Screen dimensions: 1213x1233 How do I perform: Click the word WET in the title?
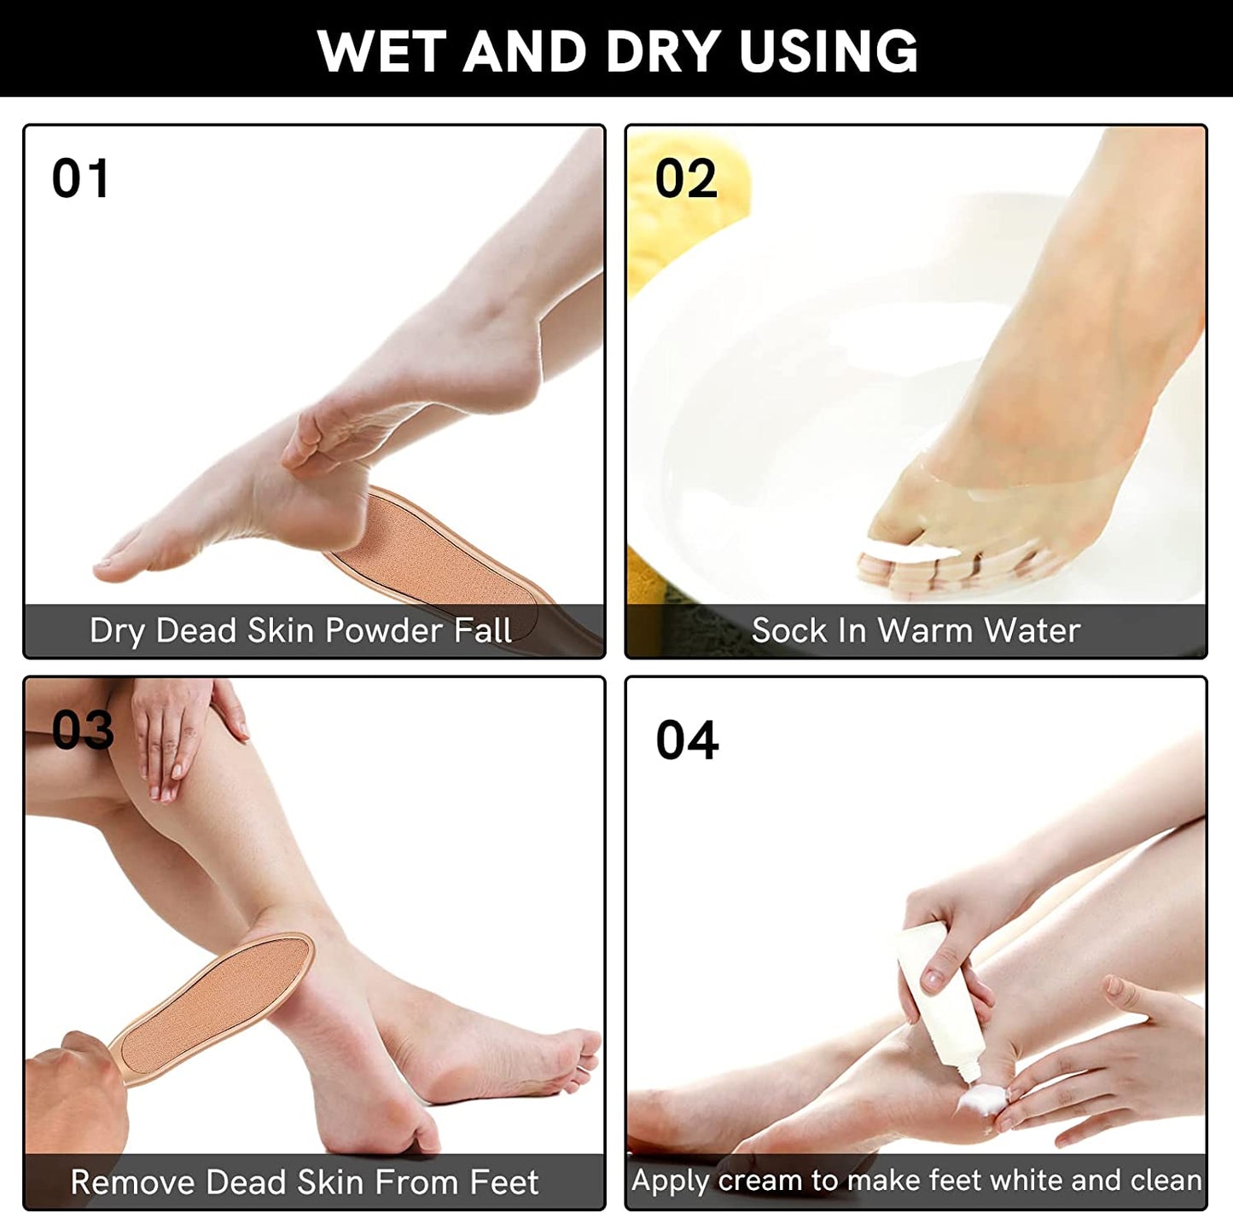coord(381,51)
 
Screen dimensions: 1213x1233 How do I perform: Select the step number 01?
coord(81,179)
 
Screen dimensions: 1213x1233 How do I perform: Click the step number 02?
coord(685,179)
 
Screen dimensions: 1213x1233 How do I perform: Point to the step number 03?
coord(83,730)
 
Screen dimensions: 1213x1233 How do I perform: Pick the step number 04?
coord(687,740)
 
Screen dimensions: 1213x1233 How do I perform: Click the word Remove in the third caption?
coord(132,1183)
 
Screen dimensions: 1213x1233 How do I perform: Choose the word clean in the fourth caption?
coord(1166,1181)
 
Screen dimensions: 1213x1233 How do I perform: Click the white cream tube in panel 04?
coord(939,998)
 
